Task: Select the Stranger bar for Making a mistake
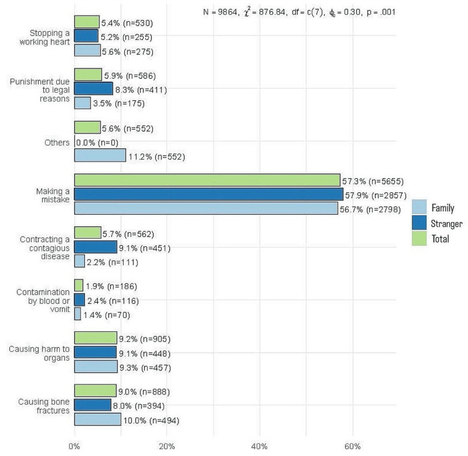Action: (x=208, y=195)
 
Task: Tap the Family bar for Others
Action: (x=100, y=156)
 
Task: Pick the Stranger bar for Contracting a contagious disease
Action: (x=95, y=248)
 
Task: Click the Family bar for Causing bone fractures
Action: (x=97, y=420)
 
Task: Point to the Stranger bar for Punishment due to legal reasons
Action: (x=94, y=89)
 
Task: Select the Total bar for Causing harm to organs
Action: (x=95, y=339)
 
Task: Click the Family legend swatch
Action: (x=419, y=208)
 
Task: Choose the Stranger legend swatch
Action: (x=419, y=223)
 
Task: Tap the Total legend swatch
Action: (x=419, y=238)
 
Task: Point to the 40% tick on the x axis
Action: (x=260, y=447)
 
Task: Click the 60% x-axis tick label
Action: (x=352, y=447)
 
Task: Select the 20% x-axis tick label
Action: (x=167, y=447)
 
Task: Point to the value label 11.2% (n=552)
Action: (x=157, y=157)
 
